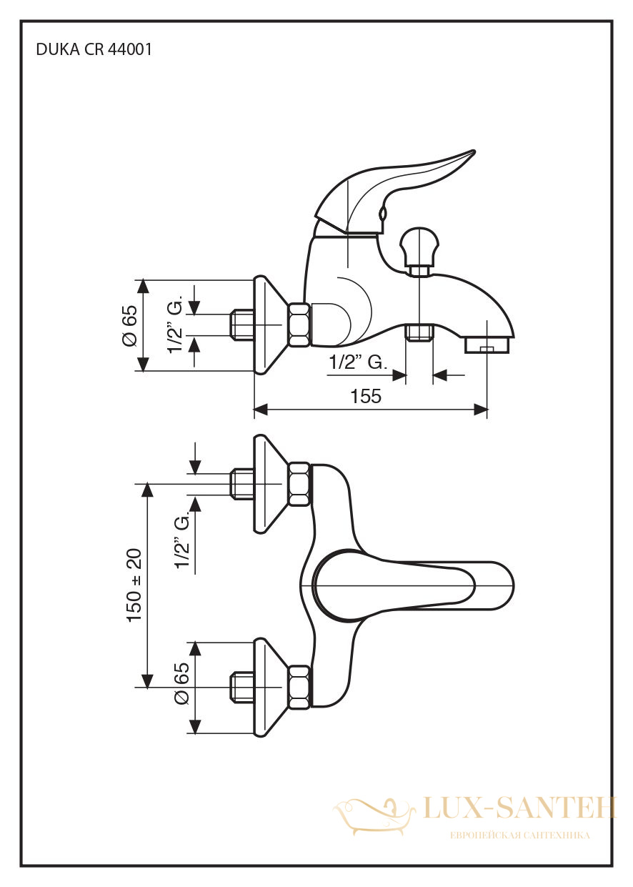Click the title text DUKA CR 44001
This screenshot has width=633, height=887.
coord(94,50)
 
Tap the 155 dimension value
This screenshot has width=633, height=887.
coord(366,395)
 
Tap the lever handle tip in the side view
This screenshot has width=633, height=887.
coord(472,153)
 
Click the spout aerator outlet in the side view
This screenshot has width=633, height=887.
coord(487,345)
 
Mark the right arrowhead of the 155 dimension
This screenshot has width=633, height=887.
coord(481,410)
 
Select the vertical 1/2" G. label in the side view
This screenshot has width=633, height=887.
coord(174,324)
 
